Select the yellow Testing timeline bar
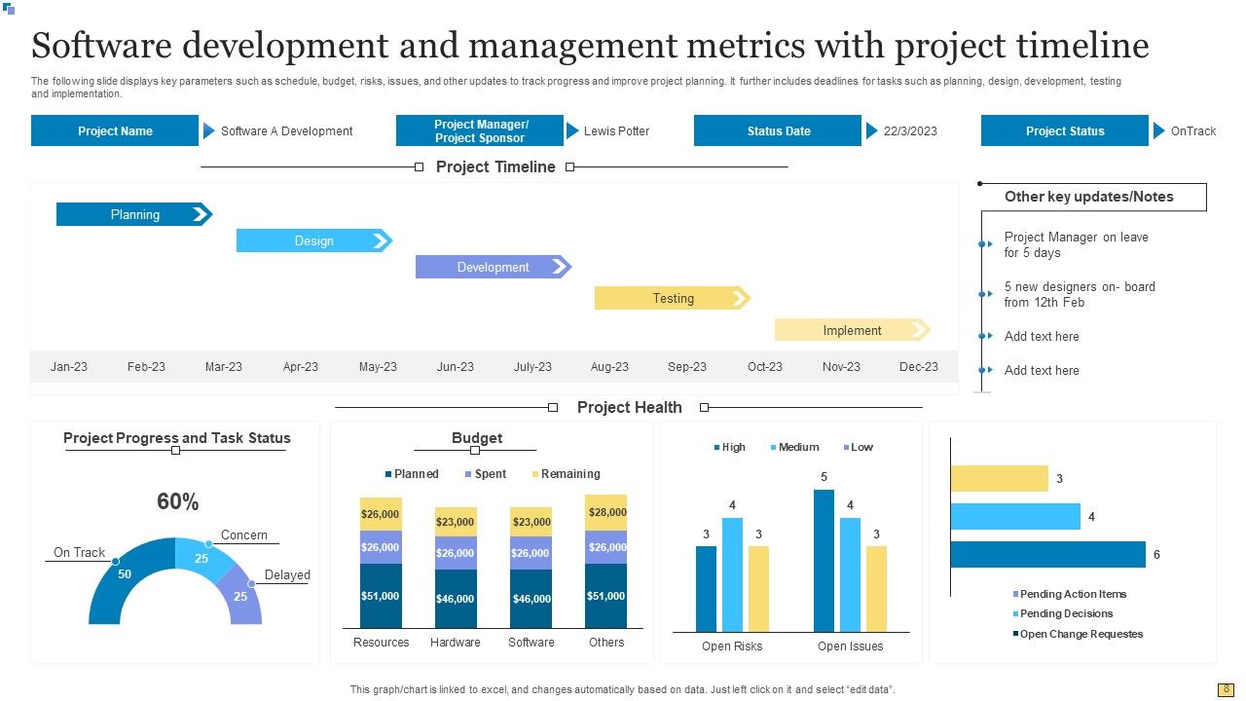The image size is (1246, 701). click(x=673, y=299)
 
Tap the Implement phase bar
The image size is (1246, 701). click(x=852, y=330)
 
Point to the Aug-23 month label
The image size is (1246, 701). click(x=609, y=367)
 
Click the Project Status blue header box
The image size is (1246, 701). click(x=1065, y=131)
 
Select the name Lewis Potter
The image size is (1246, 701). click(x=616, y=131)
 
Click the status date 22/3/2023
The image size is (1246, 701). click(x=910, y=131)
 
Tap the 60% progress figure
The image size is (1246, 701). click(x=177, y=502)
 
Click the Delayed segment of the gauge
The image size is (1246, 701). click(x=240, y=596)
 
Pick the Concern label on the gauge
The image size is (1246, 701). click(x=243, y=535)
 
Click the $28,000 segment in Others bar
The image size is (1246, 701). click(x=606, y=512)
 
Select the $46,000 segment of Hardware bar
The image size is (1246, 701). click(x=456, y=599)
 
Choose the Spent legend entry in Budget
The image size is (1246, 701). click(x=490, y=474)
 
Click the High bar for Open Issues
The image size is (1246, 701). click(x=824, y=561)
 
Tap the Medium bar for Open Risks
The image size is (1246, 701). click(x=732, y=574)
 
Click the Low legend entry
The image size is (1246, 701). click(x=861, y=448)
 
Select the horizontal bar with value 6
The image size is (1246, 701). click(x=1047, y=555)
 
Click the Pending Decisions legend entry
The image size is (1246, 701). click(x=1066, y=614)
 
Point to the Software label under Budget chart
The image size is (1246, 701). click(x=531, y=643)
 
